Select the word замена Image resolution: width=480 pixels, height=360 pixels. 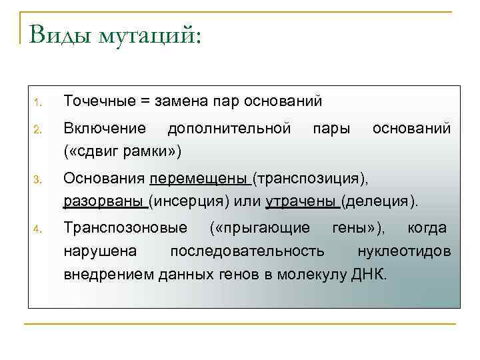181,101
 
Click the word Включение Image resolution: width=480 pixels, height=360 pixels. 104,127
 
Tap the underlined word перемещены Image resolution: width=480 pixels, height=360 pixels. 199,179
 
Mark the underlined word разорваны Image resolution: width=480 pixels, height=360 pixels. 103,200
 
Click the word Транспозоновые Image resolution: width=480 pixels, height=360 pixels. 125,228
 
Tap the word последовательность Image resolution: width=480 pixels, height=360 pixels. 248,251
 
